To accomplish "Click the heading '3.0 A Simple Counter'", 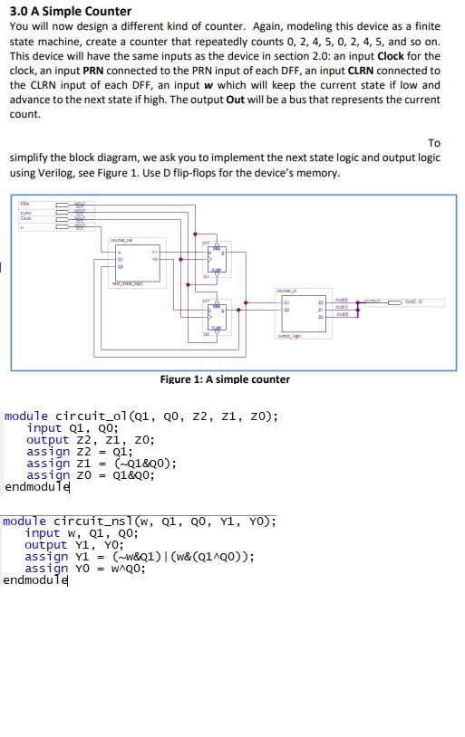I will pyautogui.click(x=70, y=12).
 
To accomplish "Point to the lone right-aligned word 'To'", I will pyautogui.click(x=433, y=143).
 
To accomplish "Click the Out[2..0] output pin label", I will pyautogui.click(x=424, y=301).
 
